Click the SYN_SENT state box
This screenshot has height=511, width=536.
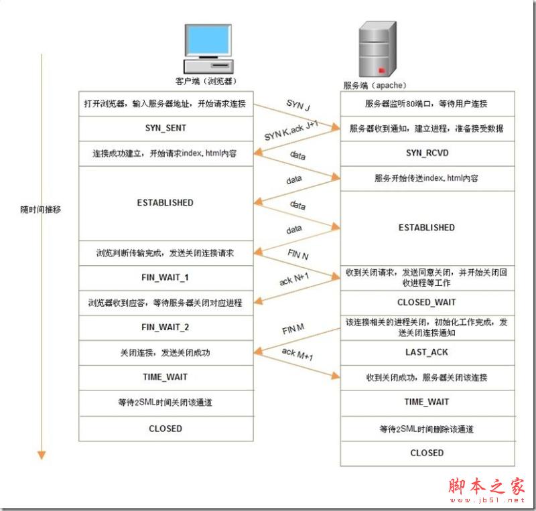coord(165,128)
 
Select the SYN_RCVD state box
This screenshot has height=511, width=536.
coord(427,153)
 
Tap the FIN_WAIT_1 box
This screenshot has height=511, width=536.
coord(165,277)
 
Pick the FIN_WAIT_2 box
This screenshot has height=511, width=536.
coord(165,328)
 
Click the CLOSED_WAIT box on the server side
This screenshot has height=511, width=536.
coord(427,303)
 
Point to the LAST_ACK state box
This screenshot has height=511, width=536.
coord(427,352)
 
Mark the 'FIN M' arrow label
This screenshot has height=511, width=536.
coord(293,329)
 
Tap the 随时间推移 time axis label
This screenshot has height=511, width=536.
coord(41,209)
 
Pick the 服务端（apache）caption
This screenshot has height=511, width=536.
coord(375,85)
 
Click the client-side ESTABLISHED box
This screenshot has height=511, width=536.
coord(165,203)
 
